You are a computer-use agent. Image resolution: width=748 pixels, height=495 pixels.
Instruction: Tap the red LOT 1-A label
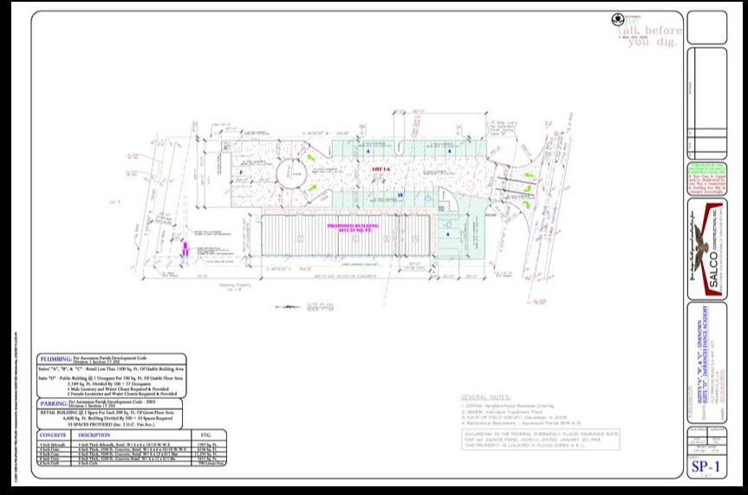point(376,167)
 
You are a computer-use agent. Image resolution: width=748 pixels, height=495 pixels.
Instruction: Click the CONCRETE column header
point(54,435)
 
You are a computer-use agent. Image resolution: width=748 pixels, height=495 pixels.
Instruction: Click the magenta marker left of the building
point(184,249)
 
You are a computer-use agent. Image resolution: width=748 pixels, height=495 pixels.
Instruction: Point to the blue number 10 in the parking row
point(400,195)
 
